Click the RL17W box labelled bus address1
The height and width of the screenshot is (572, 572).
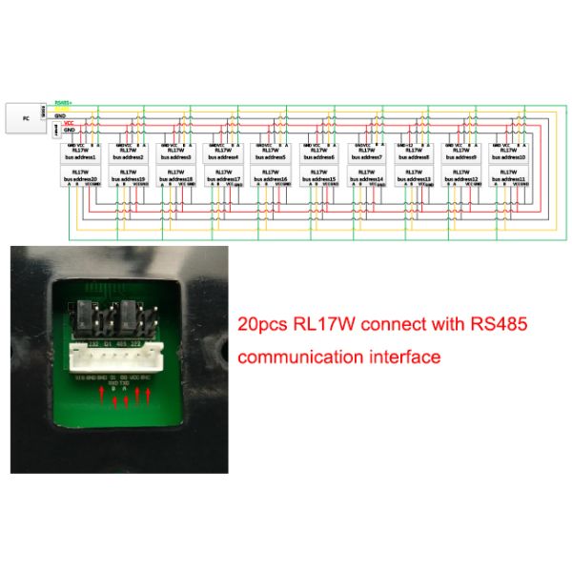[x=80, y=153]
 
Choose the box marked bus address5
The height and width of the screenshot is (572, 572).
[x=271, y=153]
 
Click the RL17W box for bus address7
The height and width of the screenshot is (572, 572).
[x=366, y=153]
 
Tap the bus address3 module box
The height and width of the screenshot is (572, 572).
[x=175, y=153]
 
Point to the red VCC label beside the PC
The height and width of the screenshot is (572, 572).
[x=69, y=122]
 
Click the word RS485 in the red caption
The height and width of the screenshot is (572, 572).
[x=491, y=325]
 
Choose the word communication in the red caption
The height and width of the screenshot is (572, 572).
[x=296, y=358]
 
